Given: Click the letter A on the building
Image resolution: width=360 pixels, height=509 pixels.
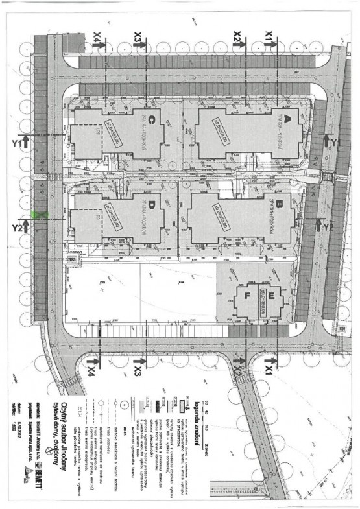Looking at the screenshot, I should (x=282, y=121).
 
